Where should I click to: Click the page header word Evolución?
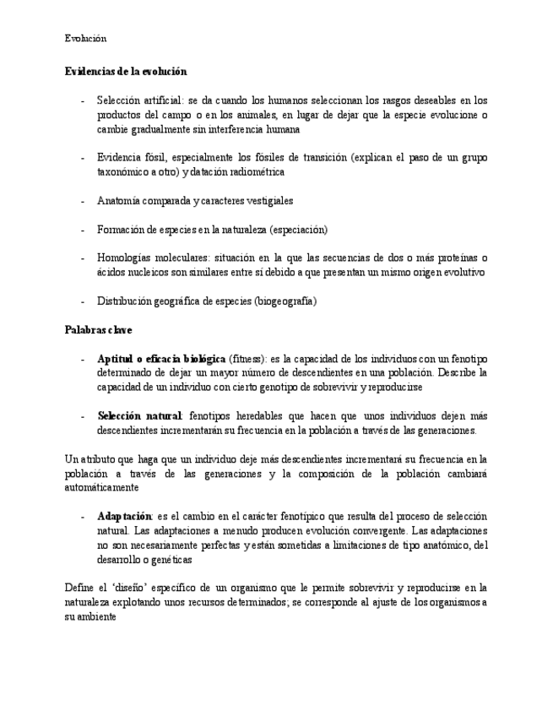(x=85, y=38)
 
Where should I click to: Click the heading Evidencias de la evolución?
(x=126, y=72)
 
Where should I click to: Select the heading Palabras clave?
(x=98, y=329)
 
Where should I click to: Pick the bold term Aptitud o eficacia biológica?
(x=161, y=359)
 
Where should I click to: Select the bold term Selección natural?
(x=139, y=416)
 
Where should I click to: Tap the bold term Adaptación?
(x=124, y=516)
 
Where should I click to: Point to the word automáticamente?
(x=102, y=488)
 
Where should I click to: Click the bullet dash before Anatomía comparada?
(x=82, y=201)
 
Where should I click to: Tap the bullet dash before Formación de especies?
(x=82, y=230)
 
